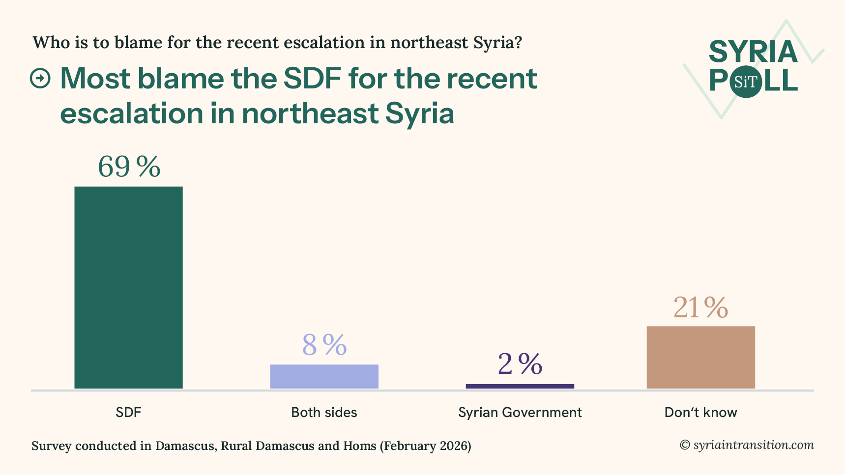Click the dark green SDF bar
pyautogui.click(x=128, y=287)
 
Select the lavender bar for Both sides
pyautogui.click(x=324, y=376)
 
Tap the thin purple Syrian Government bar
pyautogui.click(x=520, y=386)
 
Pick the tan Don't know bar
pyautogui.click(x=700, y=357)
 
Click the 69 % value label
pyautogui.click(x=129, y=167)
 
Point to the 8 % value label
pyautogui.click(x=324, y=345)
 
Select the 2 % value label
pyautogui.click(x=520, y=364)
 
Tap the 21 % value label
pyautogui.click(x=700, y=308)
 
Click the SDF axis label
pyautogui.click(x=128, y=412)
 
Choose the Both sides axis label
pyautogui.click(x=324, y=412)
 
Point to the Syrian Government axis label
pyautogui.click(x=520, y=412)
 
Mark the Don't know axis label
pyautogui.click(x=700, y=412)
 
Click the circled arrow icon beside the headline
pyautogui.click(x=40, y=79)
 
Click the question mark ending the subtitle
pyautogui.click(x=517, y=43)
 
